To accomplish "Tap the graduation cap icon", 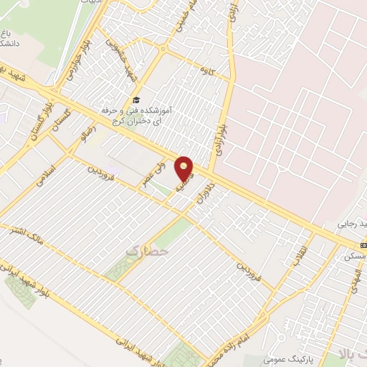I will pos(135,101).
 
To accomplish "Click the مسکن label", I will pos(355,256).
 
